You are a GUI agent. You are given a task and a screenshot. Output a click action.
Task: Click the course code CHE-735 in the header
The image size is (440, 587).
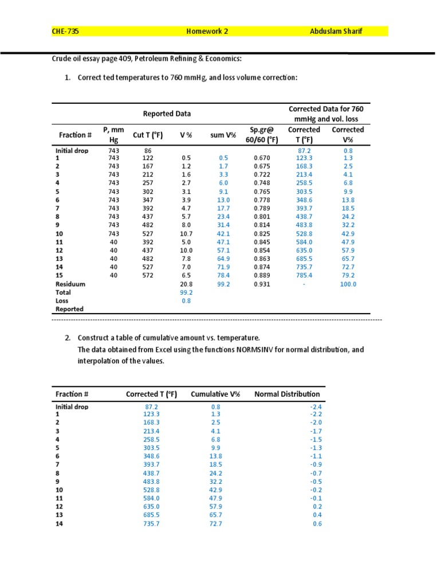click(x=65, y=32)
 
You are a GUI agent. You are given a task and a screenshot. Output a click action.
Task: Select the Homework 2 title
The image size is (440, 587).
click(x=207, y=32)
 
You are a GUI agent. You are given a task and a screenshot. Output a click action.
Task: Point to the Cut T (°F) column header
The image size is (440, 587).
click(x=148, y=135)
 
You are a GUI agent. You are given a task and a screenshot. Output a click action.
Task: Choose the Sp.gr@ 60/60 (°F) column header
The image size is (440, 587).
click(x=264, y=135)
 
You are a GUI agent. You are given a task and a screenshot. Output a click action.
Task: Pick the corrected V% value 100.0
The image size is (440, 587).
click(x=347, y=284)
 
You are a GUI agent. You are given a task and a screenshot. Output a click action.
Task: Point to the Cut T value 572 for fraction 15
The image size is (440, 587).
click(x=148, y=276)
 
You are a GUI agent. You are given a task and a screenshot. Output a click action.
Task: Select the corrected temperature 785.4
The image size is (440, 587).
click(x=304, y=276)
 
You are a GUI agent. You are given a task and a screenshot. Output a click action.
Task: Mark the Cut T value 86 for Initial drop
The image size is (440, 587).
click(x=148, y=150)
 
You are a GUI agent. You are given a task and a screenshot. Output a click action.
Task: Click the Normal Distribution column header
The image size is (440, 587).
click(x=287, y=394)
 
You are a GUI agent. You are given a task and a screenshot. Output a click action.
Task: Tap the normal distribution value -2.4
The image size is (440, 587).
click(x=316, y=406)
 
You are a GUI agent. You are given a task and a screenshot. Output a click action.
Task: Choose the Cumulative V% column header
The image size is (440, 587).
click(x=215, y=394)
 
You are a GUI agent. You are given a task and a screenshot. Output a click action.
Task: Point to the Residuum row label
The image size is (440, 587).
click(x=70, y=284)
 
